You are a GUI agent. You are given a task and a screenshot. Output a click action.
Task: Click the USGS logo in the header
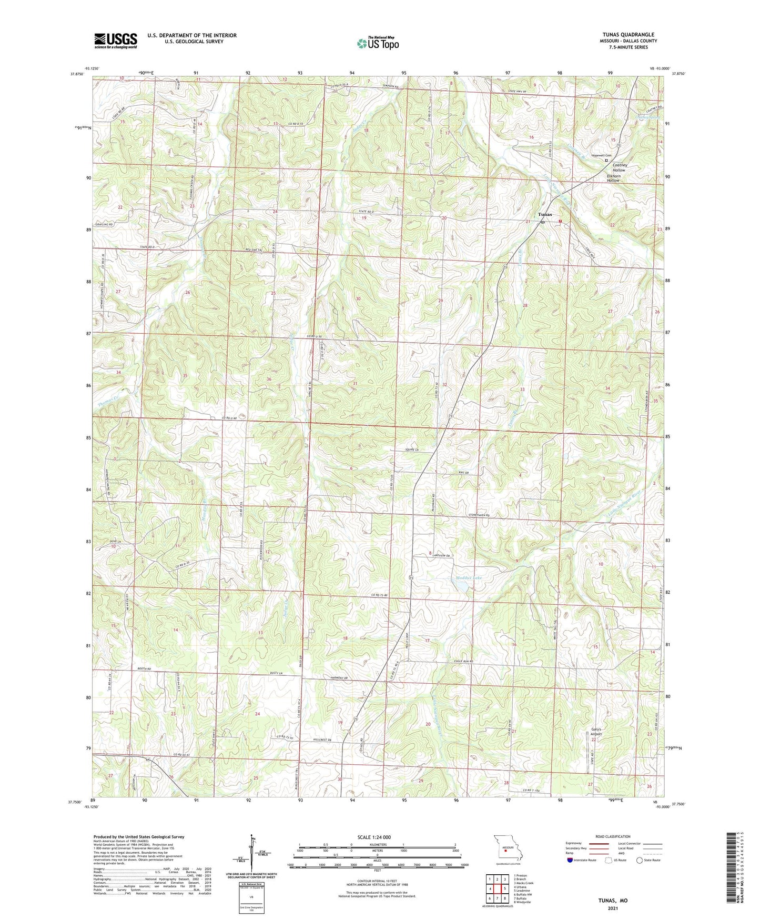pos(116,40)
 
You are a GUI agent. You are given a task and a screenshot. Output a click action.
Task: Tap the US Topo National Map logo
pos(377,43)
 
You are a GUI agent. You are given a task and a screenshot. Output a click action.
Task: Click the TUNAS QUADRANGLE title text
pos(629,35)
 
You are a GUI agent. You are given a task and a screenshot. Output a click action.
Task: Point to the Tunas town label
pos(545,215)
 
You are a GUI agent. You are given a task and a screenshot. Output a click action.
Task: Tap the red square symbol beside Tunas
pos(560,222)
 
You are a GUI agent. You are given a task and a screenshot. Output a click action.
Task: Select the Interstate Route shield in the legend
pos(570,860)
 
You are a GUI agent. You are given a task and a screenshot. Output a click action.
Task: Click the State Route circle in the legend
pos(639,860)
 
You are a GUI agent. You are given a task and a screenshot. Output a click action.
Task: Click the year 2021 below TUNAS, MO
pos(613,908)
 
